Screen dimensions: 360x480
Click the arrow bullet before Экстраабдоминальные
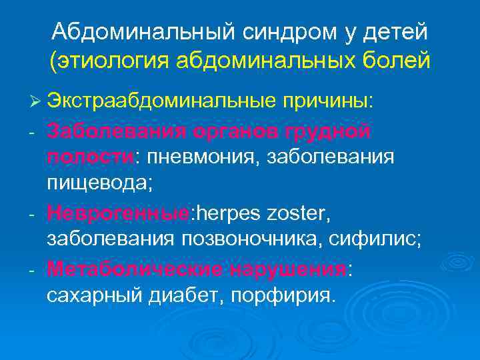point(35,101)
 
